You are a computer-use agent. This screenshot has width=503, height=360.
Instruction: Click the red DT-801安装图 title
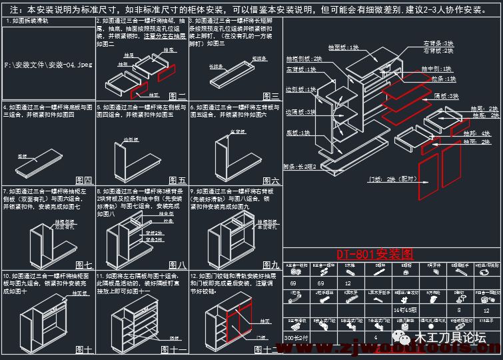coord(374,254)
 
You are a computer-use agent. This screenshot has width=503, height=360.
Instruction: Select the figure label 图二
coord(177,97)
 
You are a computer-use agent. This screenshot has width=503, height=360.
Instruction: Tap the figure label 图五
coord(177,180)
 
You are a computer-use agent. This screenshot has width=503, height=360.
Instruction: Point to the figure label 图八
coord(177,265)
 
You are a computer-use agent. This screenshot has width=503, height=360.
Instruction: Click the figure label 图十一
coord(175,349)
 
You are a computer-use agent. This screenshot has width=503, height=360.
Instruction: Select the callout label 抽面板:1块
coord(343,48)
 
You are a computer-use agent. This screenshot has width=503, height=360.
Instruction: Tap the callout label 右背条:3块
coord(437,43)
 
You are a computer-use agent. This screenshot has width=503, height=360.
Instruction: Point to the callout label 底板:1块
coord(298,133)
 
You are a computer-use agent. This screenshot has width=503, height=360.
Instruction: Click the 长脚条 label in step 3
coord(216,67)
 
